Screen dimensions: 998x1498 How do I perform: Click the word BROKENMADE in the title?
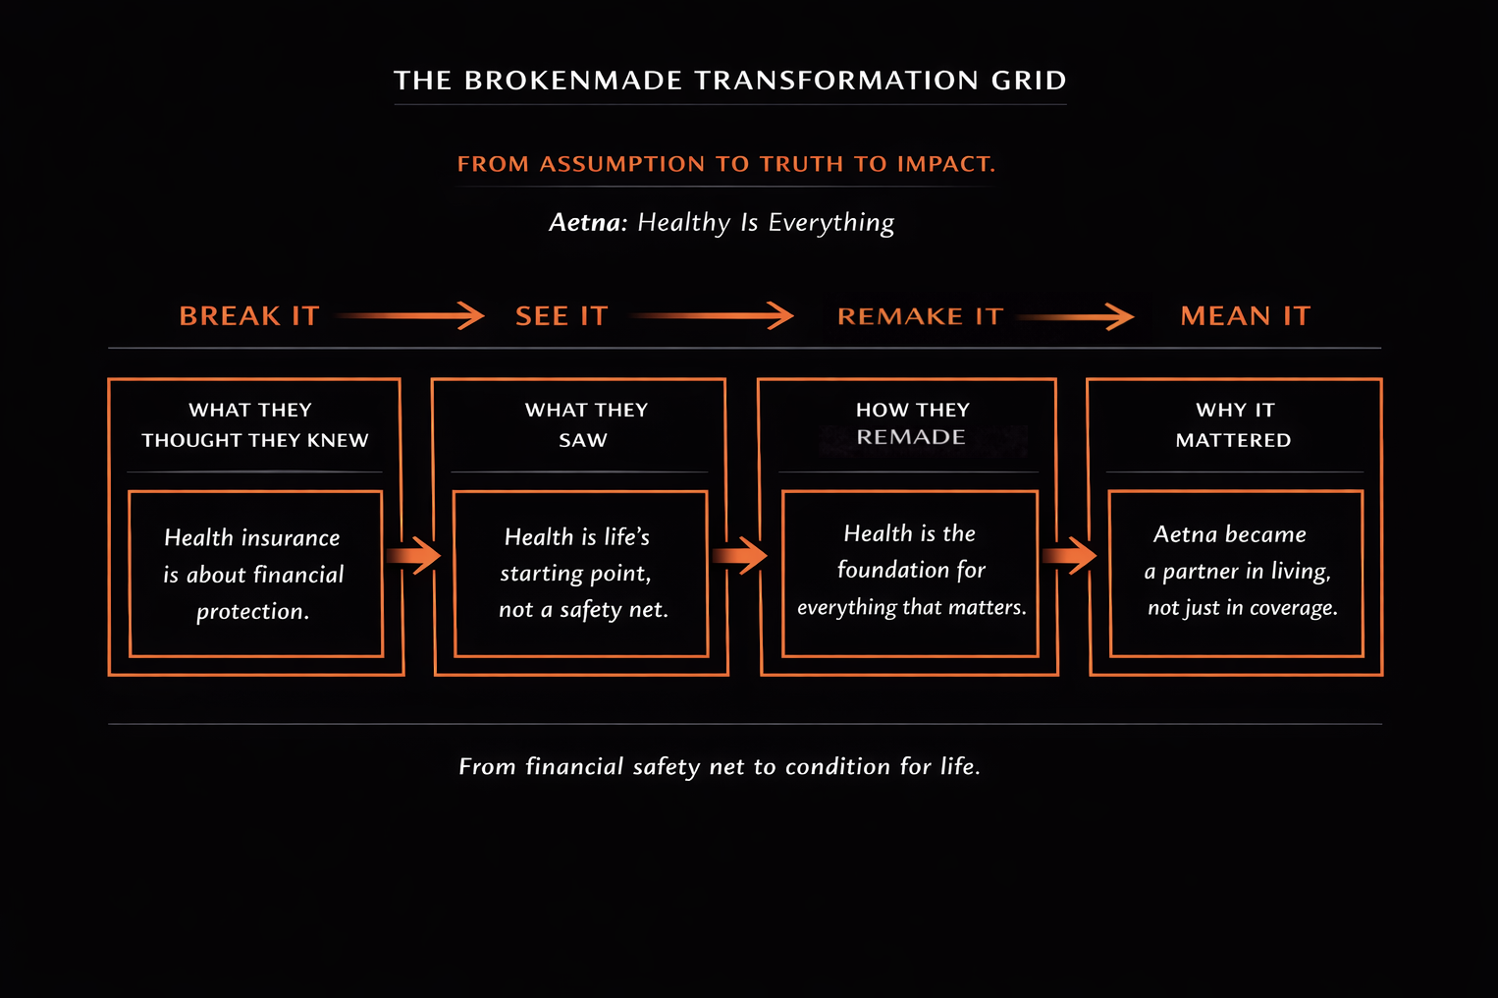[572, 81]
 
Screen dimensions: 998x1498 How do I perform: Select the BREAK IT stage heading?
[249, 316]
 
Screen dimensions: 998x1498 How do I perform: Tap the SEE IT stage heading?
[562, 316]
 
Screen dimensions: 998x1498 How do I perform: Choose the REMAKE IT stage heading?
[920, 316]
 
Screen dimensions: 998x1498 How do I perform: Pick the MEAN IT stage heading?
[1245, 316]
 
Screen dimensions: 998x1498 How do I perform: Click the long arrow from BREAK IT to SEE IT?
[410, 315]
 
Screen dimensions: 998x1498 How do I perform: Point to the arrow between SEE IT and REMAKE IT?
[713, 315]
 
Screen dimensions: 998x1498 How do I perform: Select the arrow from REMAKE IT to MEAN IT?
[1076, 315]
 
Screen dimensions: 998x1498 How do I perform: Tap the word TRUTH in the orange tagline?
[801, 164]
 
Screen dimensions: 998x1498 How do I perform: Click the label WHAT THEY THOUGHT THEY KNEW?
[254, 424]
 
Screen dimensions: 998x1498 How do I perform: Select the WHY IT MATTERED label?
[1234, 424]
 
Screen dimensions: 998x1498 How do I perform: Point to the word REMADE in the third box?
[910, 437]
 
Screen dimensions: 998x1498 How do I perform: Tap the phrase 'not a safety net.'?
[583, 610]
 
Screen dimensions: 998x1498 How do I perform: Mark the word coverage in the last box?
[1293, 608]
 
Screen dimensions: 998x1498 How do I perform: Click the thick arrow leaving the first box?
[413, 556]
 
